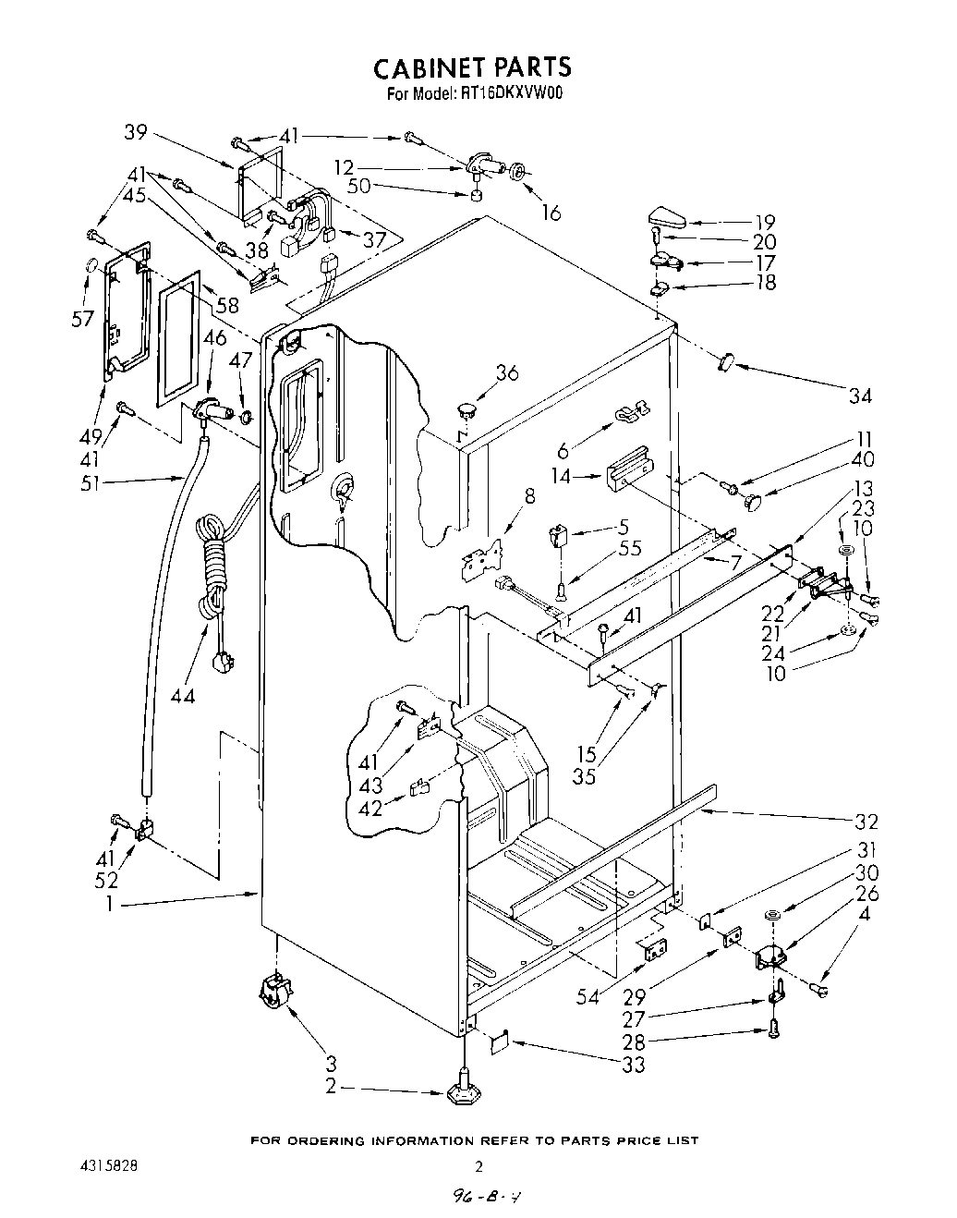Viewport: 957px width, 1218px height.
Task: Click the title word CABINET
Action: pyautogui.click(x=427, y=67)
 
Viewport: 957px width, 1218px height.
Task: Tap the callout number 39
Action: pyautogui.click(x=138, y=132)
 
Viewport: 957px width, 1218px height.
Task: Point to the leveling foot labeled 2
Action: pyautogui.click(x=461, y=1093)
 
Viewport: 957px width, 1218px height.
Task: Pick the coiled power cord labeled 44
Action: pyautogui.click(x=212, y=573)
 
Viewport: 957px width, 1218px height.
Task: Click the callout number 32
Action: pyautogui.click(x=866, y=822)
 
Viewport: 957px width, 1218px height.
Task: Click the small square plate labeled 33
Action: pyautogui.click(x=500, y=1041)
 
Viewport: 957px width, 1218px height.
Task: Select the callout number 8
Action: pyautogui.click(x=528, y=496)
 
